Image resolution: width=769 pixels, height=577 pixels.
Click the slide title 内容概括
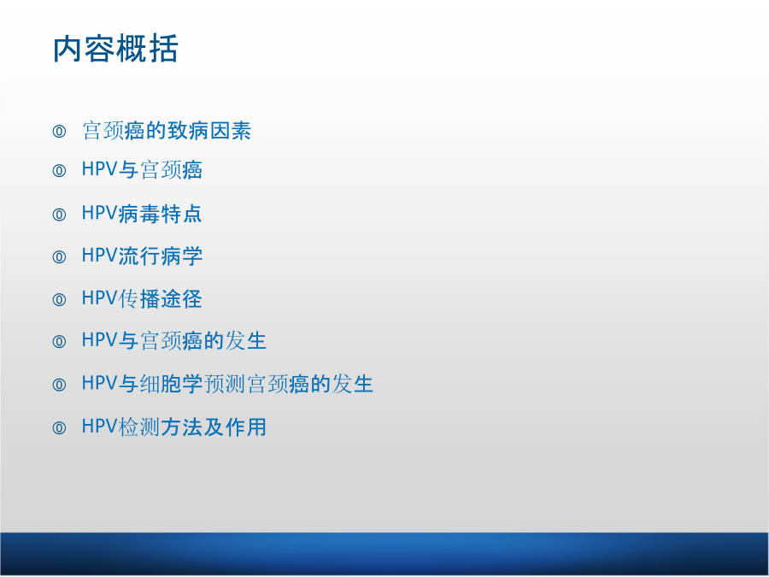[115, 49]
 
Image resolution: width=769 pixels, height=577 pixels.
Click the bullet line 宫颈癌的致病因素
[167, 131]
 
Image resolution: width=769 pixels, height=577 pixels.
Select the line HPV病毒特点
[142, 214]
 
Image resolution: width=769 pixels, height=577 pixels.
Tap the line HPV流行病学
[142, 256]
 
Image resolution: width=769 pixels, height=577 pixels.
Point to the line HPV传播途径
[142, 299]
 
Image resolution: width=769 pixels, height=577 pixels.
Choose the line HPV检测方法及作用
[174, 427]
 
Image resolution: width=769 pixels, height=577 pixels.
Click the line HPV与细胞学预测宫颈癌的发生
[227, 384]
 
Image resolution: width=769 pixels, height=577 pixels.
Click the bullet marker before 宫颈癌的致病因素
[59, 132]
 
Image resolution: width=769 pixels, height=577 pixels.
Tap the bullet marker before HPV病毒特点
[59, 215]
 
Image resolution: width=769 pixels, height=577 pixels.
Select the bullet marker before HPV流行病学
[59, 257]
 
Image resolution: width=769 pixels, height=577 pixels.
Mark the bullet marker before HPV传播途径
[59, 300]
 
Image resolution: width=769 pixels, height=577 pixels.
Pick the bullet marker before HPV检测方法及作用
[59, 428]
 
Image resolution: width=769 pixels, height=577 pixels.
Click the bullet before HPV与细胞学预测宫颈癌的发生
[59, 385]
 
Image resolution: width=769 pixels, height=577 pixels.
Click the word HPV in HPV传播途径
[100, 298]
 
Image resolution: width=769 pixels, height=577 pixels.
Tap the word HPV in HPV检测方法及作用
[100, 427]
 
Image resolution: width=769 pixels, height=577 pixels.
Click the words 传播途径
[161, 299]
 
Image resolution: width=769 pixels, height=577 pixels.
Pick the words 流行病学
[161, 256]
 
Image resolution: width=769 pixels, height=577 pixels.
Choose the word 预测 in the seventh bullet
[225, 384]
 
